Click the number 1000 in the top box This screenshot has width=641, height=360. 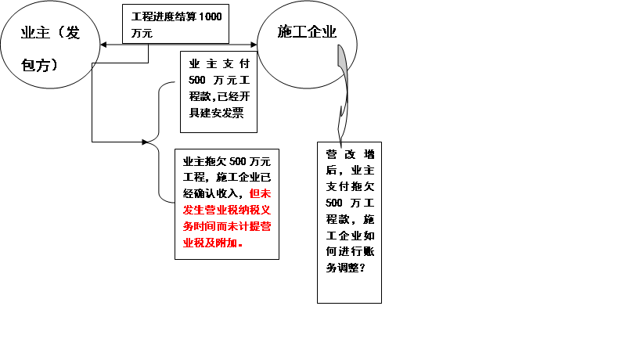pos(210,16)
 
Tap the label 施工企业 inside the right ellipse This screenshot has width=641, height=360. pos(307,31)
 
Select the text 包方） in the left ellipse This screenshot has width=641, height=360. pos(40,65)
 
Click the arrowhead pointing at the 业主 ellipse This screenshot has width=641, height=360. pos(103,45)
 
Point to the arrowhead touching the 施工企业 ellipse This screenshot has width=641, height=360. pos(254,45)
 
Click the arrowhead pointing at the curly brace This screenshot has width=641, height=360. pos(145,142)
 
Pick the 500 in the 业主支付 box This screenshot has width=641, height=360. pos(196,80)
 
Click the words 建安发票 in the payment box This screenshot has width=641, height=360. pos(222,113)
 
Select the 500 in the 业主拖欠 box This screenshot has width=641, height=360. pos(237,161)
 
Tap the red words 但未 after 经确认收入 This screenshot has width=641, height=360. pos(260,193)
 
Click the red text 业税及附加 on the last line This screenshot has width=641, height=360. pos(210,243)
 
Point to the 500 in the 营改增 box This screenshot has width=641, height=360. pos(334,203)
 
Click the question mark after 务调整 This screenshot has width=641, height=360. pos(362,268)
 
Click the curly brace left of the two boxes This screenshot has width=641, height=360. pos(160,142)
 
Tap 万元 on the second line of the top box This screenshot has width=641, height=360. pos(142,33)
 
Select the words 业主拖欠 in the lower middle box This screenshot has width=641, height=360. pos(205,161)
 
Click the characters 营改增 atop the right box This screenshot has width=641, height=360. pos(351,154)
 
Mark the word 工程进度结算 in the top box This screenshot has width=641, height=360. pos(164,16)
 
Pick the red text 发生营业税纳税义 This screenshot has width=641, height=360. pos(227,210)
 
